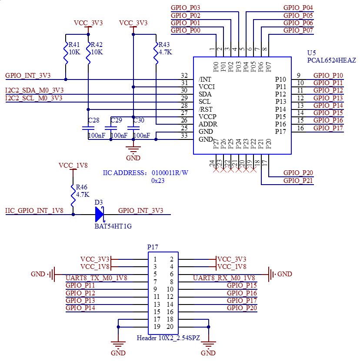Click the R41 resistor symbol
coord(66,53)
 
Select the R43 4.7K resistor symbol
coord(156,53)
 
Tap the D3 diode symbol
coord(100,214)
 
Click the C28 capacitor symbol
coord(88,128)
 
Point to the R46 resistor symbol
coord(73,195)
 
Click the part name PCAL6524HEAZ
coord(331,60)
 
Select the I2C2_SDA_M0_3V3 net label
coord(34,90)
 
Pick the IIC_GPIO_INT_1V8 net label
coord(34,211)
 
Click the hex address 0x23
coord(158,181)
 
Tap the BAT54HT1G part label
coord(113,226)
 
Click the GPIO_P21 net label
coord(298,181)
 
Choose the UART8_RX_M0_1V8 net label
coord(224,278)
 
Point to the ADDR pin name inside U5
coord(208,124)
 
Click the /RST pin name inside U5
coord(205,109)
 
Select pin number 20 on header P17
coord(170,327)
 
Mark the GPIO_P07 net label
coord(298,30)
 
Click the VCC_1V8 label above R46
coord(73,166)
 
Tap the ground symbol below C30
coord(133,149)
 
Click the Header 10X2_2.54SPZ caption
coord(168,338)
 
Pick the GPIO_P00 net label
coord(186,30)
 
